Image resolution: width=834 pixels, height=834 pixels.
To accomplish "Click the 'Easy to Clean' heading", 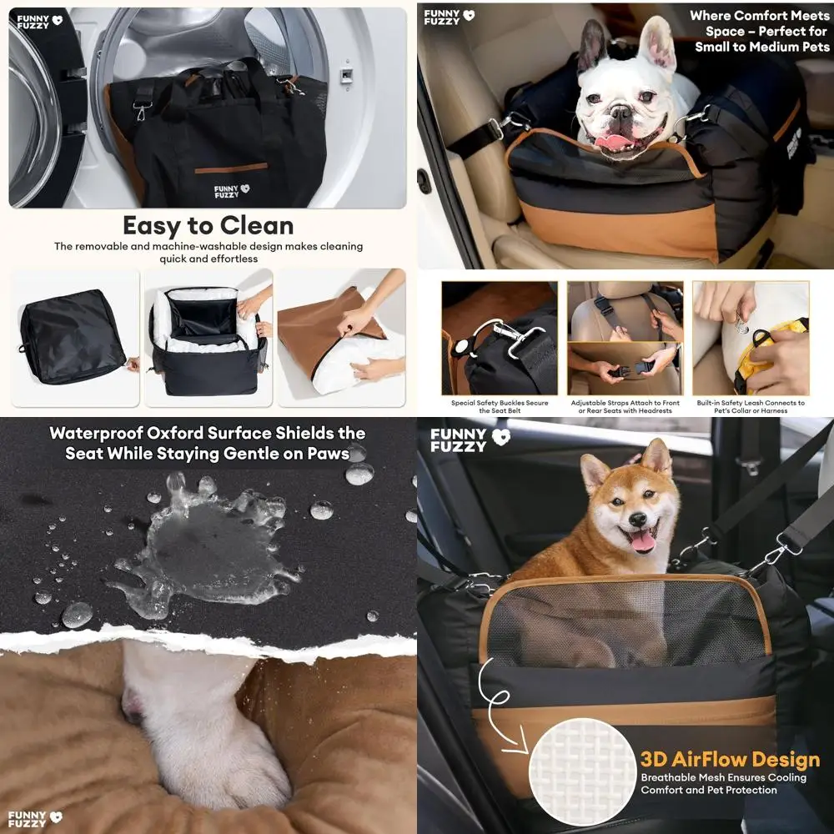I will click(x=208, y=225).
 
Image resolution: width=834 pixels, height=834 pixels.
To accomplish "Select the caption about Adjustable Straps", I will click(x=625, y=407).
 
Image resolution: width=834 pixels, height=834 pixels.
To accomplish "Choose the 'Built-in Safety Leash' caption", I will click(x=750, y=407).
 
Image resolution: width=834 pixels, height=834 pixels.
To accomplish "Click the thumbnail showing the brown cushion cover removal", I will click(x=341, y=337).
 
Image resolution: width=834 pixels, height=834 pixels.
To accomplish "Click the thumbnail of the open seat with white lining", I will click(x=208, y=337).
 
